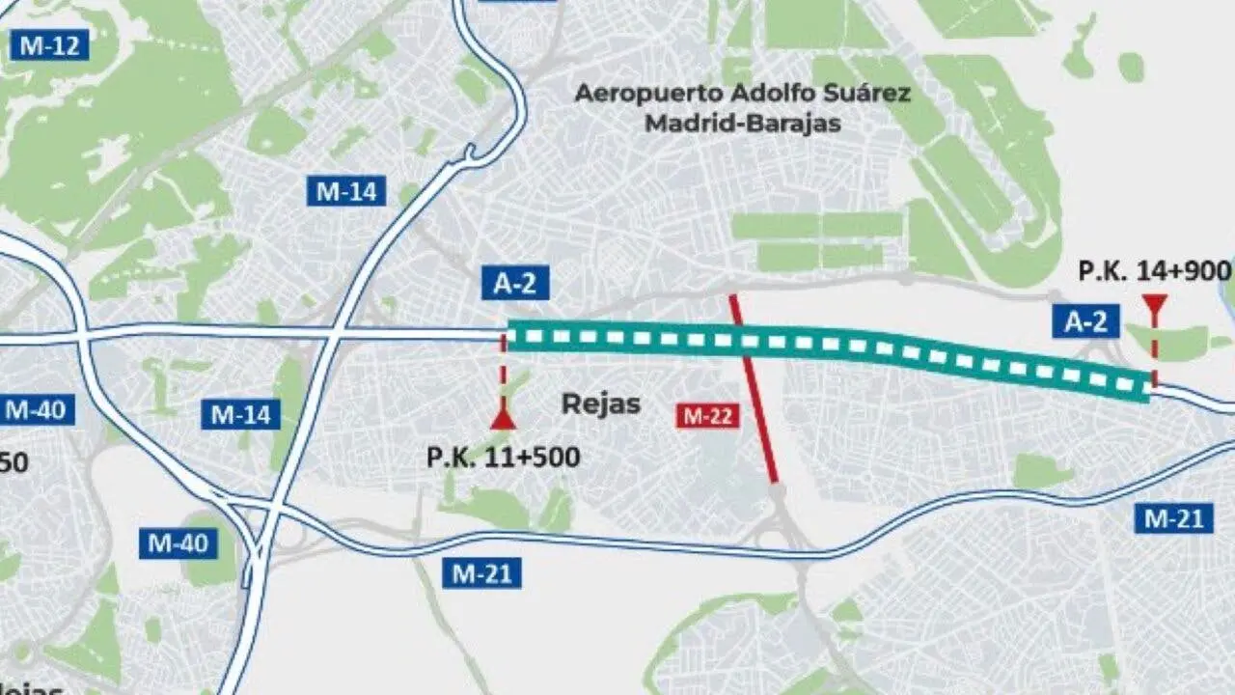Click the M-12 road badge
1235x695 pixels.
pos(48,44)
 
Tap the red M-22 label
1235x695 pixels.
pos(707,416)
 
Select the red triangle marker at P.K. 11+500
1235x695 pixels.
pos(502,419)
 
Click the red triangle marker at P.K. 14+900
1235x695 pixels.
pos(1153,303)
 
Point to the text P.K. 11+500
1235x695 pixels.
pos(503,457)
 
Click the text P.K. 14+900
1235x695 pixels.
pos(1154,271)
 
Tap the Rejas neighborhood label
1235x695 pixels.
pos(601,403)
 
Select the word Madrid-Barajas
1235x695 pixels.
pos(743,124)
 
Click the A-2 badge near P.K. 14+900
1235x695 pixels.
pos(1085,321)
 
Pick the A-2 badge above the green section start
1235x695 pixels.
pos(515,284)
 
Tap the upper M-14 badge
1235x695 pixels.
pos(346,191)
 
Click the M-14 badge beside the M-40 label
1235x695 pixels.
pos(241,415)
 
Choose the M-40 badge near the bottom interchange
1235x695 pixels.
pos(178,543)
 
